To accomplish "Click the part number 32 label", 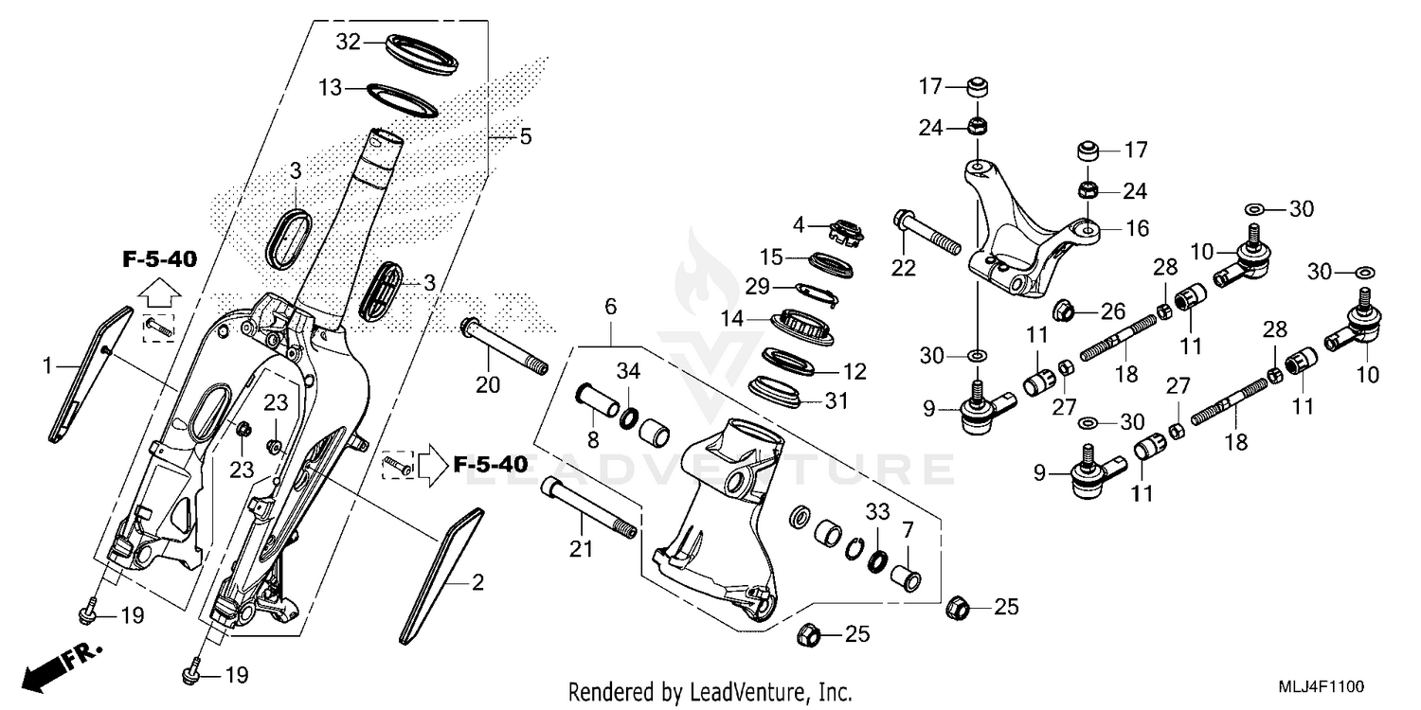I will (350, 42).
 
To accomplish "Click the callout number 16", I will (1137, 228).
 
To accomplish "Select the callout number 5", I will (525, 136).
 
